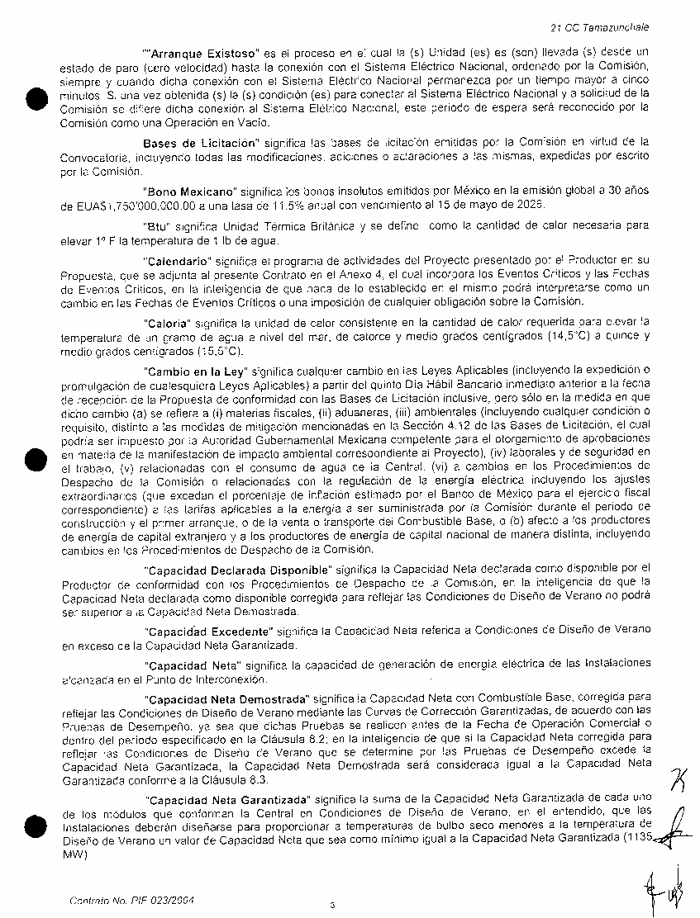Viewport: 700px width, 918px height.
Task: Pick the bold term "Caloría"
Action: (x=169, y=323)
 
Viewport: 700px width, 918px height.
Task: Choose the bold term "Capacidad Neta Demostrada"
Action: (x=225, y=698)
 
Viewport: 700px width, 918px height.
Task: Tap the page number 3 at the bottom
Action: (x=332, y=905)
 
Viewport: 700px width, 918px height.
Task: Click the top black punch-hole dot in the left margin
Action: (x=35, y=98)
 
